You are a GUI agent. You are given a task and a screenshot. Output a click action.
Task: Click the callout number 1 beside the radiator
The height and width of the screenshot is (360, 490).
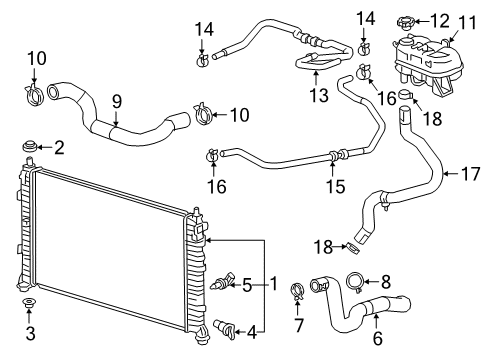273,284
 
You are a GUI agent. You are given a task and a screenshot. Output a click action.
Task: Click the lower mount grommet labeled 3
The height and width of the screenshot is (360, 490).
29,304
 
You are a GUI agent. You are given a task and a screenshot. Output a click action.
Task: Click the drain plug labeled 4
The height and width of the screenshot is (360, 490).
224,326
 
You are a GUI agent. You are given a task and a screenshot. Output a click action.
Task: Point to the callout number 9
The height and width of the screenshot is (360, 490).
116,101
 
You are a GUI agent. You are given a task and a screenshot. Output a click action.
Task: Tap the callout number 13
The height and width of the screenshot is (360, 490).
319,96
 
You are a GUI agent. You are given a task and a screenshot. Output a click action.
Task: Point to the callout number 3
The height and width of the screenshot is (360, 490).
29,332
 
